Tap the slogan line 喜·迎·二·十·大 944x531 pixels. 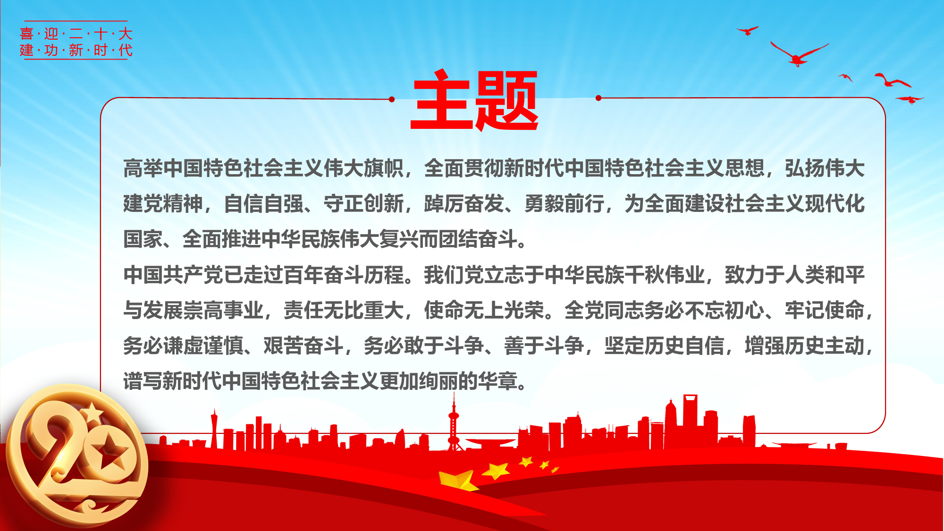[76, 34]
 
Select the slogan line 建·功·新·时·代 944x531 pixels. [76, 50]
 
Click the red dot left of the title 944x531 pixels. [392, 99]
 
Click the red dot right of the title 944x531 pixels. [598, 98]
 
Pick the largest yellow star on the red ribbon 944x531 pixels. [457, 480]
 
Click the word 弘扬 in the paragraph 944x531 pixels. [805, 169]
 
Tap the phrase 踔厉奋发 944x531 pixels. [464, 204]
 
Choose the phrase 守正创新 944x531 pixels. [363, 204]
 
